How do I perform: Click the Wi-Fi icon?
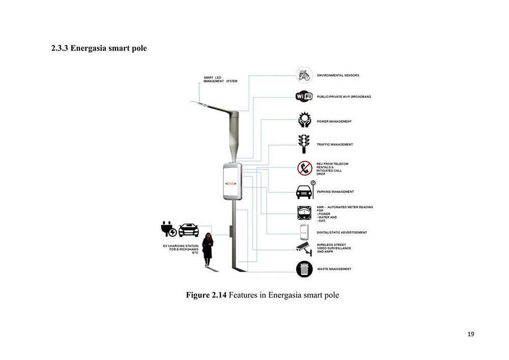(304, 97)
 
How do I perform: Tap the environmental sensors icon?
(304, 75)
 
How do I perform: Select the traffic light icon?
(304, 144)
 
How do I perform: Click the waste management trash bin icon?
(304, 268)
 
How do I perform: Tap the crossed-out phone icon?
(304, 168)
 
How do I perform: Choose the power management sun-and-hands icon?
(304, 120)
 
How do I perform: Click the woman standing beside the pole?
(207, 249)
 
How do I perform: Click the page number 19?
(470, 334)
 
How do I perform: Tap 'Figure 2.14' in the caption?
(206, 295)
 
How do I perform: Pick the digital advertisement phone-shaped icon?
(304, 232)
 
